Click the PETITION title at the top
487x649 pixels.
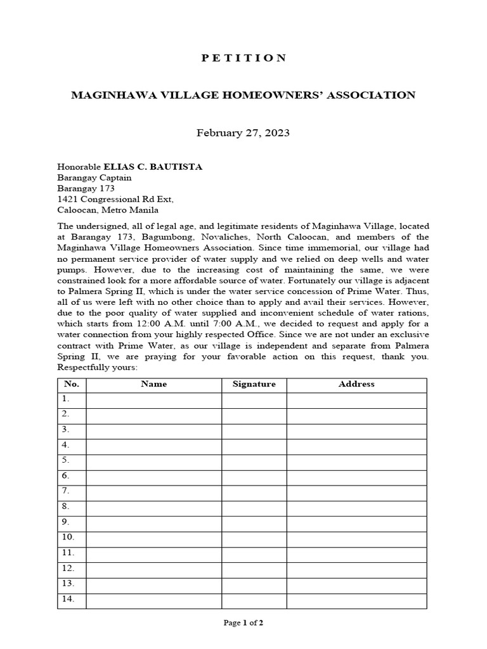pos(243,58)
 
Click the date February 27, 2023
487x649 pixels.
pos(243,132)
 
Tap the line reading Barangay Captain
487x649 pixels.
pos(94,177)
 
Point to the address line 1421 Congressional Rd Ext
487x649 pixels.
pos(115,199)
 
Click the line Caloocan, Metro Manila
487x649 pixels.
pos(108,210)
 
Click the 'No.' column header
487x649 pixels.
pos(72,384)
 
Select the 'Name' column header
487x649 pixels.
pos(153,384)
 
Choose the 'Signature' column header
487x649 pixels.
pos(254,384)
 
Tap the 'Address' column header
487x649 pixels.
pos(356,384)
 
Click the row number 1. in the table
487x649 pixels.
pos(65,399)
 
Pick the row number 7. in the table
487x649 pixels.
pos(65,491)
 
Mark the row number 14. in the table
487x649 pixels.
pos(67,598)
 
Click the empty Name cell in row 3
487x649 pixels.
pos(153,430)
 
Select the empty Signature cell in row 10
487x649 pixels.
pos(254,537)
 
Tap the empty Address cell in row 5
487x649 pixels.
pos(356,461)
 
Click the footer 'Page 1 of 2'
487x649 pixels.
pos(243,623)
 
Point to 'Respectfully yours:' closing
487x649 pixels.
pos(97,368)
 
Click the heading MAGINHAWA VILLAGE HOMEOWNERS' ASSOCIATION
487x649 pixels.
pos(243,95)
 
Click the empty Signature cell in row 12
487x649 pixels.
pos(254,568)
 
